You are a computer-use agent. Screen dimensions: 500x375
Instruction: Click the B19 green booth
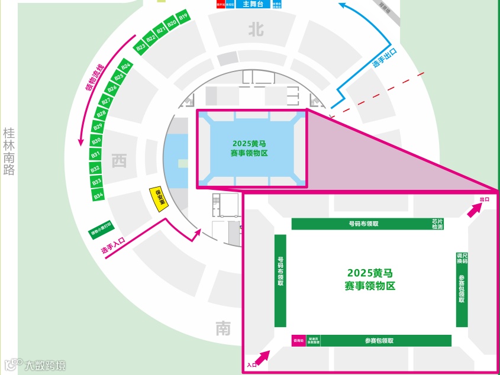(183, 16)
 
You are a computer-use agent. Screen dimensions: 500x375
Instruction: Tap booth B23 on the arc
(141, 46)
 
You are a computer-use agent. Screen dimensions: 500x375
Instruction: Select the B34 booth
(99, 195)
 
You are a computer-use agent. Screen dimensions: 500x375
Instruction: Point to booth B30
(96, 140)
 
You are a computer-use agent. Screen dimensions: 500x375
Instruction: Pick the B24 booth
(125, 65)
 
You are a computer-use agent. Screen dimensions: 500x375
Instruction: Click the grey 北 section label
(256, 30)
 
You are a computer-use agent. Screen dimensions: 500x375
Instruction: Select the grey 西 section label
(120, 160)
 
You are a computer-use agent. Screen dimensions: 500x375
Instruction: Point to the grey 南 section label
(223, 328)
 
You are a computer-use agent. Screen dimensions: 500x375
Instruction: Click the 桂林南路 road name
(9, 152)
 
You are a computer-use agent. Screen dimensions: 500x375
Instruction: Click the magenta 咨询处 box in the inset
(298, 341)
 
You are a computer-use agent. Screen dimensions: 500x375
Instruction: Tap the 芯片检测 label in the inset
(437, 224)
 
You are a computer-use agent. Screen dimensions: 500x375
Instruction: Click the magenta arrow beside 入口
(262, 356)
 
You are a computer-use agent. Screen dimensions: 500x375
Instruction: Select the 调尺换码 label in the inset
(462, 258)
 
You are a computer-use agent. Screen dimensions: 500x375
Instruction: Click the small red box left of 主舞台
(220, 4)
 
